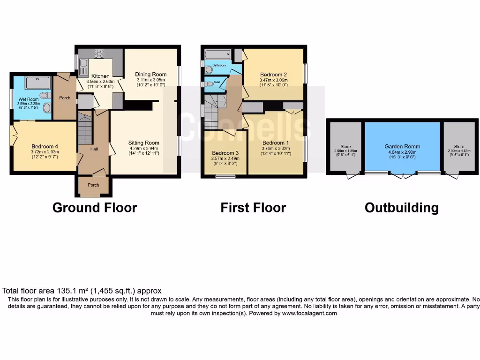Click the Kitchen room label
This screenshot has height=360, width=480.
tap(100, 76)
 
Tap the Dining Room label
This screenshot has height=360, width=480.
tap(151, 74)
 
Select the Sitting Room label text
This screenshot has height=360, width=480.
tap(144, 143)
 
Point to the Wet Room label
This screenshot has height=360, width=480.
tap(28, 99)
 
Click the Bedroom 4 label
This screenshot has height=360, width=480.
tap(45, 146)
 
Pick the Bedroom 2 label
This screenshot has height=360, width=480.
tap(273, 75)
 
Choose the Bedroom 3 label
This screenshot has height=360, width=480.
tap(225, 153)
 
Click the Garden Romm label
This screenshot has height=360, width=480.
tap(402, 146)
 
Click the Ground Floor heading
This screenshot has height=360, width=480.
tap(95, 208)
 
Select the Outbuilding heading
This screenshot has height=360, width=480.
tap(402, 208)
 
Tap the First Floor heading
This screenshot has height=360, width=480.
tap(253, 208)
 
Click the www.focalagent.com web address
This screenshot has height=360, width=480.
tap(309, 314)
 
